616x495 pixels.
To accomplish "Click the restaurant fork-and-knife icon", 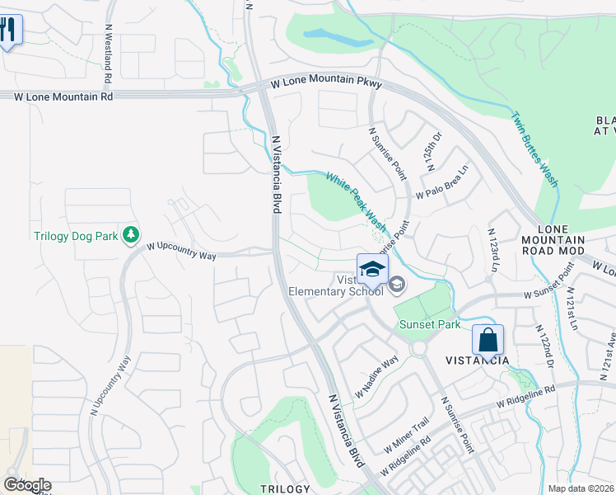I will (x=8, y=30).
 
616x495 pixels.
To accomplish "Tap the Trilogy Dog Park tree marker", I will (x=130, y=236).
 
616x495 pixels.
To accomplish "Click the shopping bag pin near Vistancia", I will (x=488, y=339).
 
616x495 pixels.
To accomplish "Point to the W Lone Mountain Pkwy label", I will (x=327, y=82).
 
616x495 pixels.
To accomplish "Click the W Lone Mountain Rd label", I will (x=63, y=97).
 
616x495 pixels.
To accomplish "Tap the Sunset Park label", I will (x=430, y=324).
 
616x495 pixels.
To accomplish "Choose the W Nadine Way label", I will (x=376, y=375).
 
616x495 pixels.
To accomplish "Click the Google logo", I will (x=27, y=485).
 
